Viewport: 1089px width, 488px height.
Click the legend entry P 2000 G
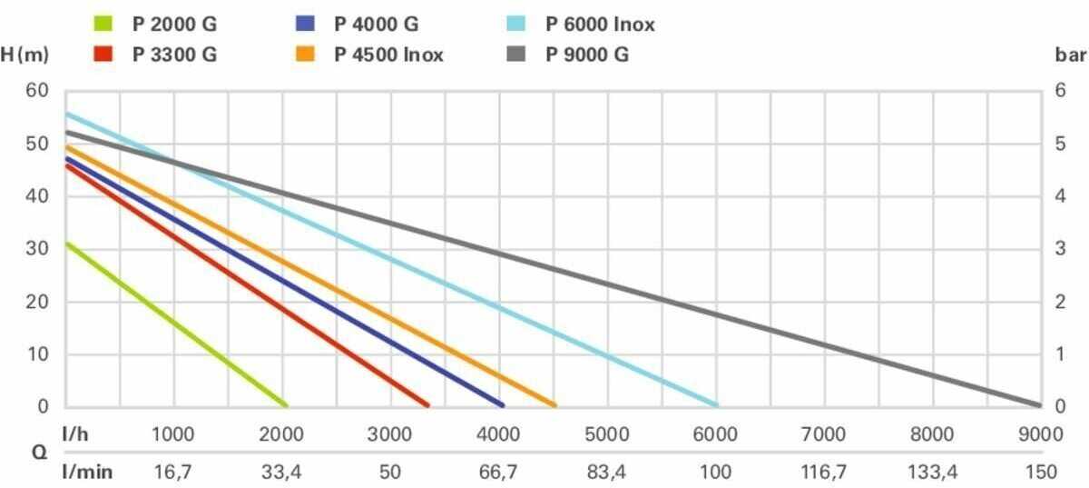point(174,25)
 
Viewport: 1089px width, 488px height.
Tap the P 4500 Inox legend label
point(389,55)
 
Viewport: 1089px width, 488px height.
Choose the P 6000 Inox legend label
point(600,25)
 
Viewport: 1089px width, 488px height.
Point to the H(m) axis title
point(25,55)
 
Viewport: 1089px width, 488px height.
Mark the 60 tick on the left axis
point(37,91)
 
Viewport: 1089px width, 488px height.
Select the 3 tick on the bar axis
point(1054,249)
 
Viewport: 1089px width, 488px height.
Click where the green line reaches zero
point(286,405)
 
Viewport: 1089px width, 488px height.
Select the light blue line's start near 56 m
point(67,115)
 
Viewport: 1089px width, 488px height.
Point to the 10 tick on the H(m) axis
point(37,354)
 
